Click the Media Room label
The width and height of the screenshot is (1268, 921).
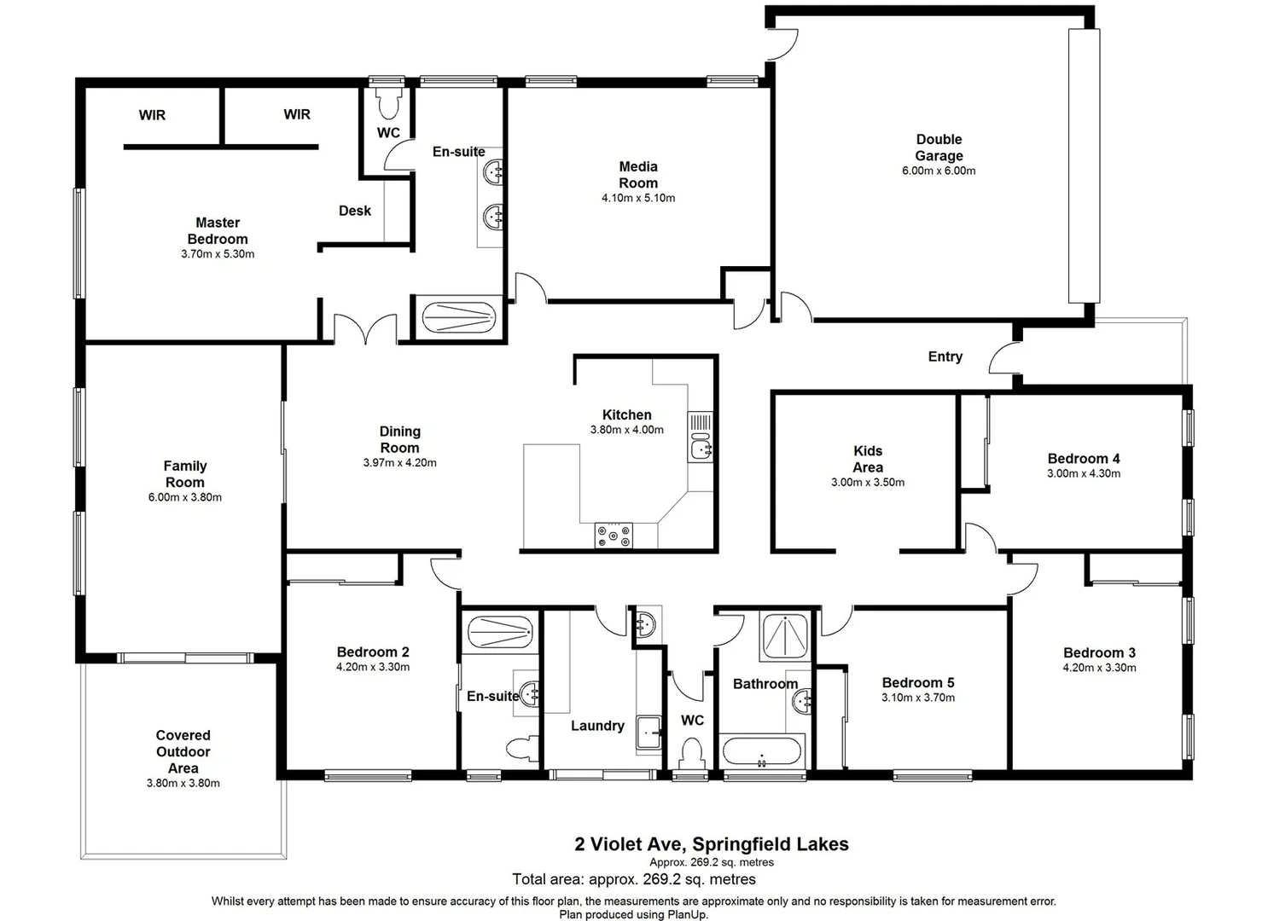coord(637,175)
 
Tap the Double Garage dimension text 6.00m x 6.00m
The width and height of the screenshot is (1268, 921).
coord(939,171)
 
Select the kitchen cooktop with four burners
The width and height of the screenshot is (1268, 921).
coord(614,536)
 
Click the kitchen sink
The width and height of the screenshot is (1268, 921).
coord(701,447)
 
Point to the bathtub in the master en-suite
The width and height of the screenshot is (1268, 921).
coord(459,318)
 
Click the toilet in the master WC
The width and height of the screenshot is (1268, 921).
coord(389,102)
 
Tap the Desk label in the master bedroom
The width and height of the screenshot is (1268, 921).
coord(355,211)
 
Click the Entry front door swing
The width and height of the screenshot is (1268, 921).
coord(1005,358)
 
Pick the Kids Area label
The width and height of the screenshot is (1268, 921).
coord(868,459)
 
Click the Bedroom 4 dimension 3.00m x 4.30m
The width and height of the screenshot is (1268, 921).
coord(1084,473)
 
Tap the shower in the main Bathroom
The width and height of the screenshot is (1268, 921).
coord(784,636)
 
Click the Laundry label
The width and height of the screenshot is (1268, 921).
coord(597,726)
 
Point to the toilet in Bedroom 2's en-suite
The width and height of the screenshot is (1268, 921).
coord(521,749)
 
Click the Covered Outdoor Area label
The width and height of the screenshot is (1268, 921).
coord(183,751)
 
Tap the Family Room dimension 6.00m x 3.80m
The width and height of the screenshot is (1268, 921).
coord(184,497)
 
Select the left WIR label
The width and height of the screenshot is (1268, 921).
coord(152,115)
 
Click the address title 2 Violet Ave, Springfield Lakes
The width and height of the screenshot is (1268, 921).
coord(711,844)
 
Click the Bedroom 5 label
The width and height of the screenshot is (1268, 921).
coord(918,682)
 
